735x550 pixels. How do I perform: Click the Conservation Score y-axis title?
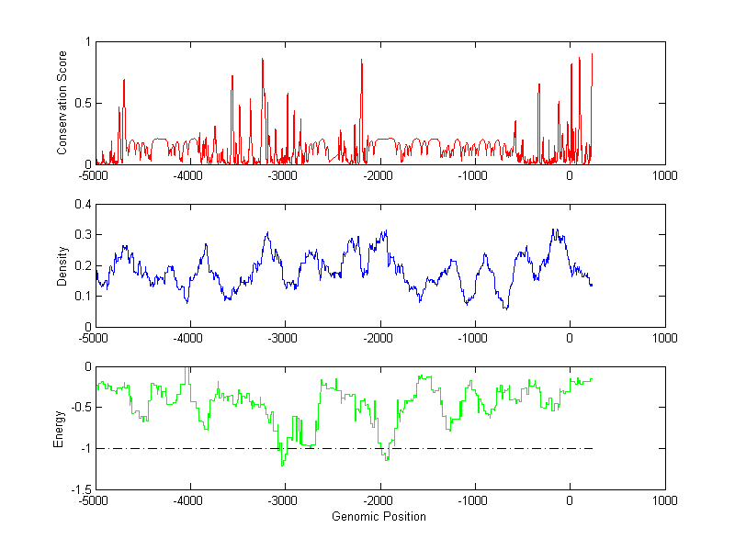pyautogui.click(x=62, y=104)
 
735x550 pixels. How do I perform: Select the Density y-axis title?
pyautogui.click(x=62, y=265)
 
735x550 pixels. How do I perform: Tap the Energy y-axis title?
pyautogui.click(x=59, y=429)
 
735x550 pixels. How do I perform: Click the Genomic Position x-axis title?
pyautogui.click(x=379, y=517)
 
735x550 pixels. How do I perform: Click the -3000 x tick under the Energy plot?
pyautogui.click(x=284, y=501)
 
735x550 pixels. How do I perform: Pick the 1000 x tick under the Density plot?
pyautogui.click(x=664, y=338)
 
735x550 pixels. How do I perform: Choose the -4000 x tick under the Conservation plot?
pyautogui.click(x=189, y=175)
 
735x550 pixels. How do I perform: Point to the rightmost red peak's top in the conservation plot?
pyautogui.click(x=592, y=54)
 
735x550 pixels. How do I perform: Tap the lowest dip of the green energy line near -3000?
pyautogui.click(x=282, y=466)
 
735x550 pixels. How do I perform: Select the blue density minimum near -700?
pyautogui.click(x=506, y=309)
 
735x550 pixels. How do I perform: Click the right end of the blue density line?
pyautogui.click(x=593, y=285)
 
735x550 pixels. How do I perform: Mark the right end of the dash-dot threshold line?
pyautogui.click(x=593, y=449)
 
